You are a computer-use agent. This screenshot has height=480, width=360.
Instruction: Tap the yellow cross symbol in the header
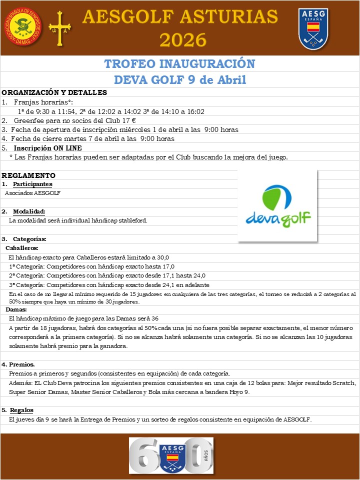[x=59, y=28]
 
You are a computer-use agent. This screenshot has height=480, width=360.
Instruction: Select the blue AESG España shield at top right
[x=313, y=28]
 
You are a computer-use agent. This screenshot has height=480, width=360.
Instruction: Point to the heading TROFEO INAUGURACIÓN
[x=179, y=64]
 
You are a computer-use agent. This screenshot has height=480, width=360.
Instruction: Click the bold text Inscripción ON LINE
[x=48, y=148]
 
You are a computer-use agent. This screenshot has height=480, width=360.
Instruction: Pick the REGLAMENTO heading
[x=28, y=175]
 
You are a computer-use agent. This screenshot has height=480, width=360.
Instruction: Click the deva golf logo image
[x=277, y=206]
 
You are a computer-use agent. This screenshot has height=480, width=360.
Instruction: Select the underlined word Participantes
[x=32, y=184]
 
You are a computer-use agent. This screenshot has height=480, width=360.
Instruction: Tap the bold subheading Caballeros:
[x=22, y=248]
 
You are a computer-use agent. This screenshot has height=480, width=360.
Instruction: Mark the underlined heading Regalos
[x=21, y=410]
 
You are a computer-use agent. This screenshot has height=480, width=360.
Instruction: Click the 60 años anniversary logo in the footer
[x=171, y=456]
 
